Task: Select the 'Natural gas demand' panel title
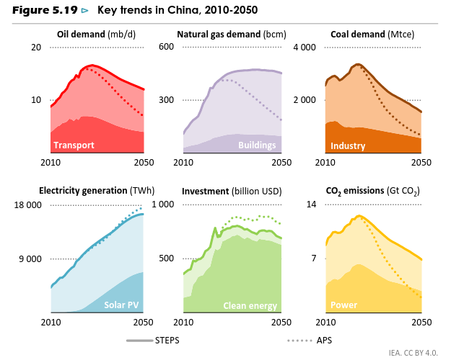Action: tap(232, 34)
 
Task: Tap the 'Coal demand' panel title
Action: tap(372, 34)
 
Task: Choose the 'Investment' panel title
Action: tap(232, 192)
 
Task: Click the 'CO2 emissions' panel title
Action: tap(373, 192)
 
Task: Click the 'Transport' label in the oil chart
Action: tap(74, 145)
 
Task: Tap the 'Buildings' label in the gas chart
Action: tap(257, 145)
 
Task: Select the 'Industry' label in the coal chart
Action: tap(348, 146)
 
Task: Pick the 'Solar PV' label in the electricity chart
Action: tap(121, 305)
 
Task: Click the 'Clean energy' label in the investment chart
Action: tap(250, 306)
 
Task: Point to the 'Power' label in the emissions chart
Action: tap(343, 305)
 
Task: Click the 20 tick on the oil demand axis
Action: tap(35, 47)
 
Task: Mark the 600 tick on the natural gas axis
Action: tap(167, 47)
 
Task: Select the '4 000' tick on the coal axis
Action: tap(305, 47)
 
